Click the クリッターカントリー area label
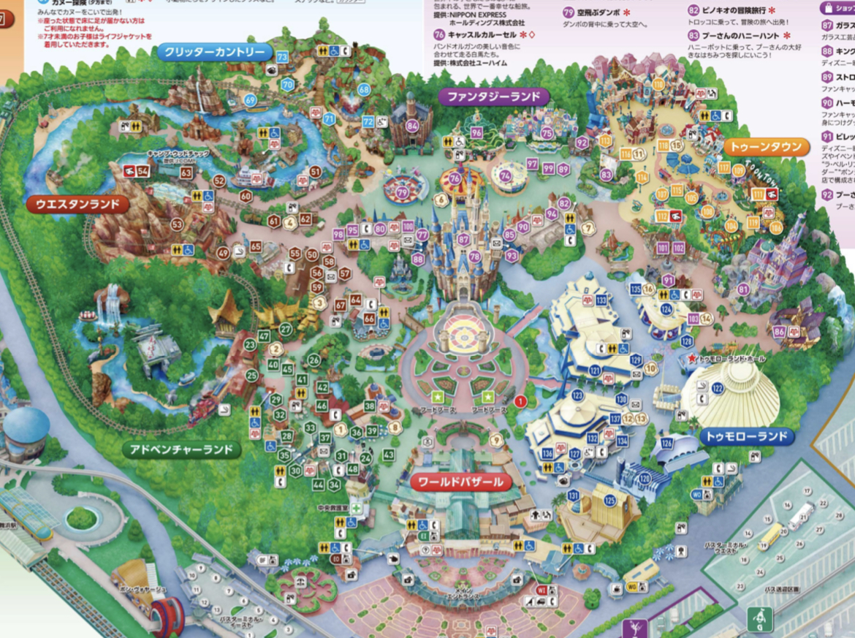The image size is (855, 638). tap(215, 52)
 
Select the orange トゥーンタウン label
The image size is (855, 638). tap(767, 148)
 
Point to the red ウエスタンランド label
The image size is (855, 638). tap(77, 205)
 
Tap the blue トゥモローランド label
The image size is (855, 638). tap(747, 437)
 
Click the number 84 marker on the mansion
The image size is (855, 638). tap(413, 126)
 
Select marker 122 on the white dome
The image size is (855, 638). tap(717, 387)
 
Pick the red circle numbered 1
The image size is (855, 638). tap(520, 400)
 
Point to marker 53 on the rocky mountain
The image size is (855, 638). tap(177, 224)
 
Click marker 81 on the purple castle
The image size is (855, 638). tap(744, 289)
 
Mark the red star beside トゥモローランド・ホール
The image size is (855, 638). tap(691, 360)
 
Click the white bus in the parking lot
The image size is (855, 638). tap(801, 516)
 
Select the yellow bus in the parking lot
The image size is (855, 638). tap(770, 536)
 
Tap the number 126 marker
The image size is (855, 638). tap(666, 443)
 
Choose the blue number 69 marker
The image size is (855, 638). tap(251, 100)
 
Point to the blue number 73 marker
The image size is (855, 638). tap(282, 57)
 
